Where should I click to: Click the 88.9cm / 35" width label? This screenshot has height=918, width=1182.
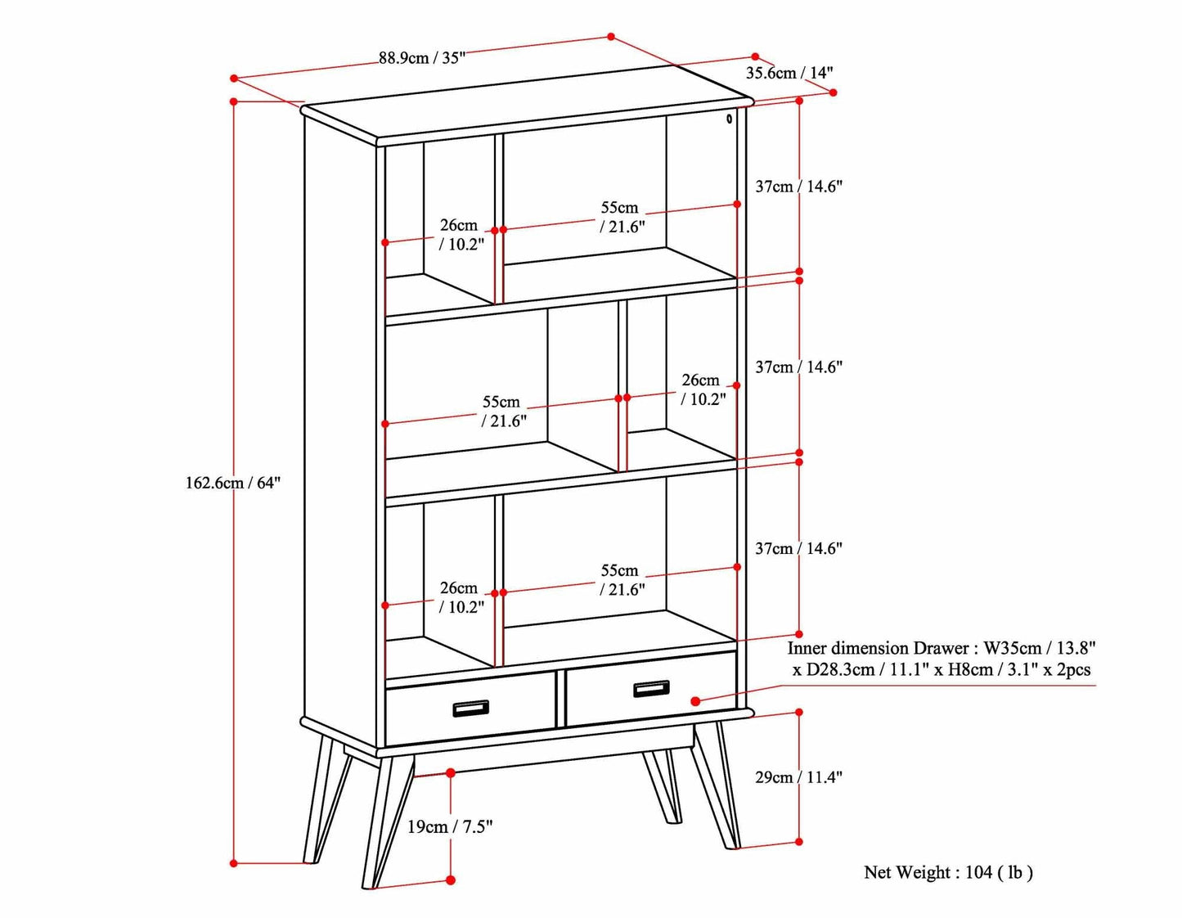coord(421,58)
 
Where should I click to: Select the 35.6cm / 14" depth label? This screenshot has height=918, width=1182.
coord(789,73)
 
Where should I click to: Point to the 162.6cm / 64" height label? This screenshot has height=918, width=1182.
coord(232,483)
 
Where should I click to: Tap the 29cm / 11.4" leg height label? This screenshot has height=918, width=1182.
coord(798,777)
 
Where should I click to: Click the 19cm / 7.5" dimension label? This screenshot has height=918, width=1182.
coord(450,827)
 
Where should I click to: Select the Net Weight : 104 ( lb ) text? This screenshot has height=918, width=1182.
coord(948,872)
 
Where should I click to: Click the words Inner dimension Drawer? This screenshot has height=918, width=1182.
coord(878,648)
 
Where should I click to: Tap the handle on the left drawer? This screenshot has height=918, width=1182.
coord(470,709)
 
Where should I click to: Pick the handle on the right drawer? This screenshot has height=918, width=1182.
coord(651,689)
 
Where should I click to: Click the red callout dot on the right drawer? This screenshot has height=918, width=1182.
coord(695,701)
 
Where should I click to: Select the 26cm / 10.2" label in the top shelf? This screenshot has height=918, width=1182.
coord(461,235)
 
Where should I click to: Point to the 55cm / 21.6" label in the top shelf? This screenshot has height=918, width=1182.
coord(621,218)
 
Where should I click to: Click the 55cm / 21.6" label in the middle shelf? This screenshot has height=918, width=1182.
coord(502,412)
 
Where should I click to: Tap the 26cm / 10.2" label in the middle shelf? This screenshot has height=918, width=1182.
coord(702,389)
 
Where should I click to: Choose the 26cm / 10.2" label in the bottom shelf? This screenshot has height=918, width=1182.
coord(461,597)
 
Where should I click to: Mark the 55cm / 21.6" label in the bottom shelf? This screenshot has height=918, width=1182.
coord(621,580)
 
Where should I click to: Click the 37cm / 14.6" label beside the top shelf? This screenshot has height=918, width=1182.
coord(798,187)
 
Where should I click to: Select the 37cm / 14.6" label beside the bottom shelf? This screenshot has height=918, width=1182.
coord(798,549)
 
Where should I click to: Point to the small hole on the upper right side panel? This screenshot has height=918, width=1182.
coord(729,119)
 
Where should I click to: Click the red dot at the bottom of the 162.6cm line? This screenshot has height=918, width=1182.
coord(234,862)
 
